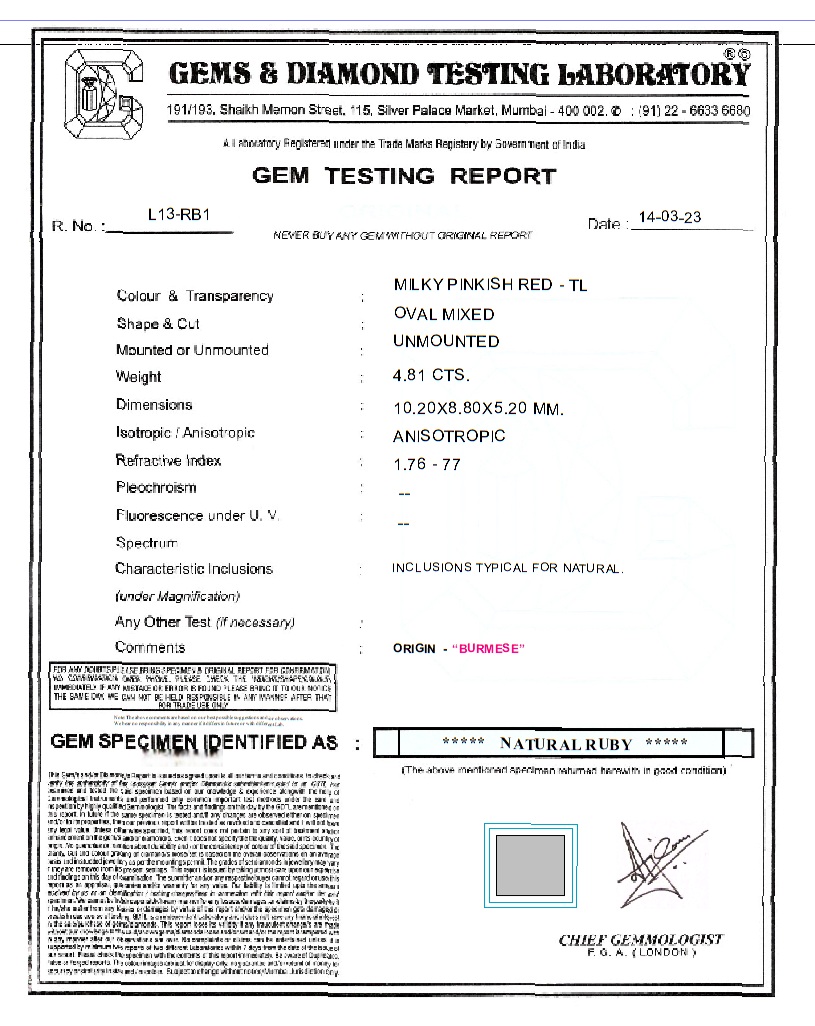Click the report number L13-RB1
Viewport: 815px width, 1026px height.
click(178, 214)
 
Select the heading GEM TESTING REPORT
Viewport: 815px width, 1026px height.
click(404, 176)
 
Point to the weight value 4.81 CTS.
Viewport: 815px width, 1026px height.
click(431, 376)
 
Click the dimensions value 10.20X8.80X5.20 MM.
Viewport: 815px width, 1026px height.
click(479, 408)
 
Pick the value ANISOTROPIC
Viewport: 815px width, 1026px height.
click(449, 436)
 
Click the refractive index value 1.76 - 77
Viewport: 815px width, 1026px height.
click(427, 464)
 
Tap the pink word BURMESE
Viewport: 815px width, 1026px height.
click(489, 649)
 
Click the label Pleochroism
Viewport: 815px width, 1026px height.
click(156, 488)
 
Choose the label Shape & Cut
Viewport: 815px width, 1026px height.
click(158, 324)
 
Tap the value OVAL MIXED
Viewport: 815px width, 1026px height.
click(444, 314)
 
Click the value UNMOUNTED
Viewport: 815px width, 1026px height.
click(446, 341)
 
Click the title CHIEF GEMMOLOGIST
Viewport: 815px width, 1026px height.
click(640, 939)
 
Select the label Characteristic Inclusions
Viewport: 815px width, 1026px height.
click(194, 569)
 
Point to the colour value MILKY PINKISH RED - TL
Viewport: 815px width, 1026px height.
click(490, 286)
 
